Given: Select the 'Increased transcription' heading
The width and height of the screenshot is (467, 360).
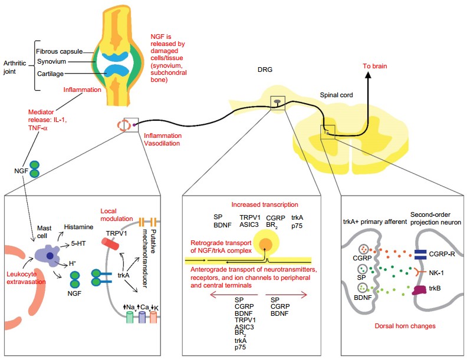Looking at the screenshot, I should tap(264, 204).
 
